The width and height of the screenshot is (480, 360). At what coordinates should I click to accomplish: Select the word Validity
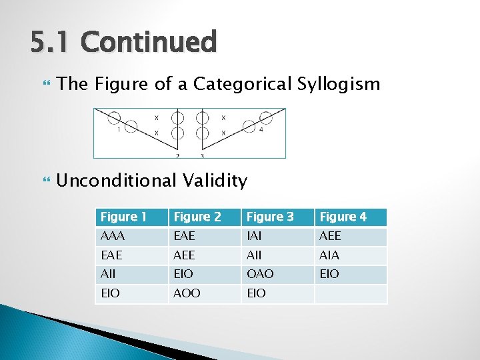click(x=219, y=181)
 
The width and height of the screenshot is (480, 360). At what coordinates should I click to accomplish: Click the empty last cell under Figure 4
click(x=350, y=293)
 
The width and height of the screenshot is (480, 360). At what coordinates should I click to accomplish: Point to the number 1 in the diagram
click(x=118, y=130)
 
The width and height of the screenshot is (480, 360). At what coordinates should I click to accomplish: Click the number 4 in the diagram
click(x=261, y=130)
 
